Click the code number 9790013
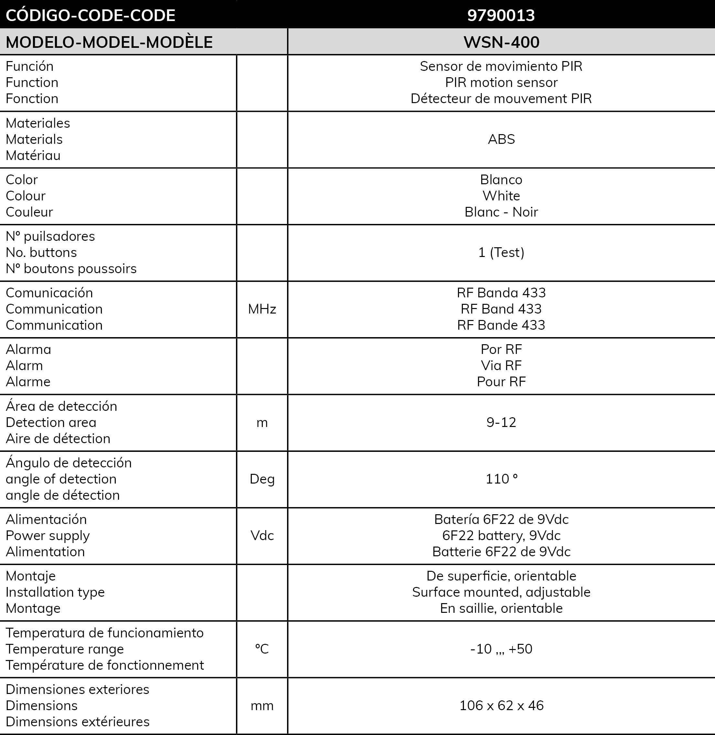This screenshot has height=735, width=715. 501,15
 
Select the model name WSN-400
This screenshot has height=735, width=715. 501,42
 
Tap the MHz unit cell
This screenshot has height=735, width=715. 262,309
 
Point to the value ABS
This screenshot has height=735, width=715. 501,139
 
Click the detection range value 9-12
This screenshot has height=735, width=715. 501,422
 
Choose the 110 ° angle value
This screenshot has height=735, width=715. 501,479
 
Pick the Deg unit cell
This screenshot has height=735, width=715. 262,479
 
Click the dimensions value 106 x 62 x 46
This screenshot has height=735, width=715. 501,705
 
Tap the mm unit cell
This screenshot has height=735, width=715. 262,705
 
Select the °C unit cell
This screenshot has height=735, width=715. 262,649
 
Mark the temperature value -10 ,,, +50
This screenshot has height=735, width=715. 501,649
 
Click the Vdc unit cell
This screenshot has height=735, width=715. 262,535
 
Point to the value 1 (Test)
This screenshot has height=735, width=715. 501,252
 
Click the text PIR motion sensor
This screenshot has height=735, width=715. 501,82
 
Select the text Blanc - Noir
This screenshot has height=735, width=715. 501,212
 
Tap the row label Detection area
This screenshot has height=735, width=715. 51,422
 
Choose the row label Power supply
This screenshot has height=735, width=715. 48,535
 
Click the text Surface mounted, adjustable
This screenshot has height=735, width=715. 501,592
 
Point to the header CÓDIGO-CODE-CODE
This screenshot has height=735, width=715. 91,15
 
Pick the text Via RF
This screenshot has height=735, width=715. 501,366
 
